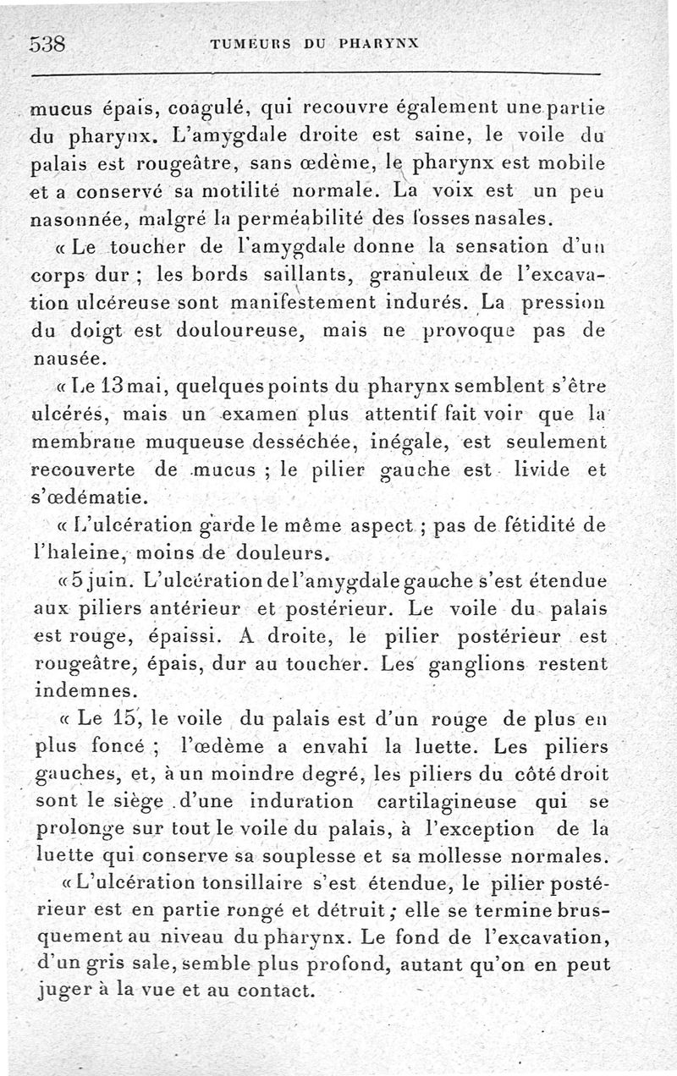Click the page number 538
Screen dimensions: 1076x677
click(48, 44)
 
